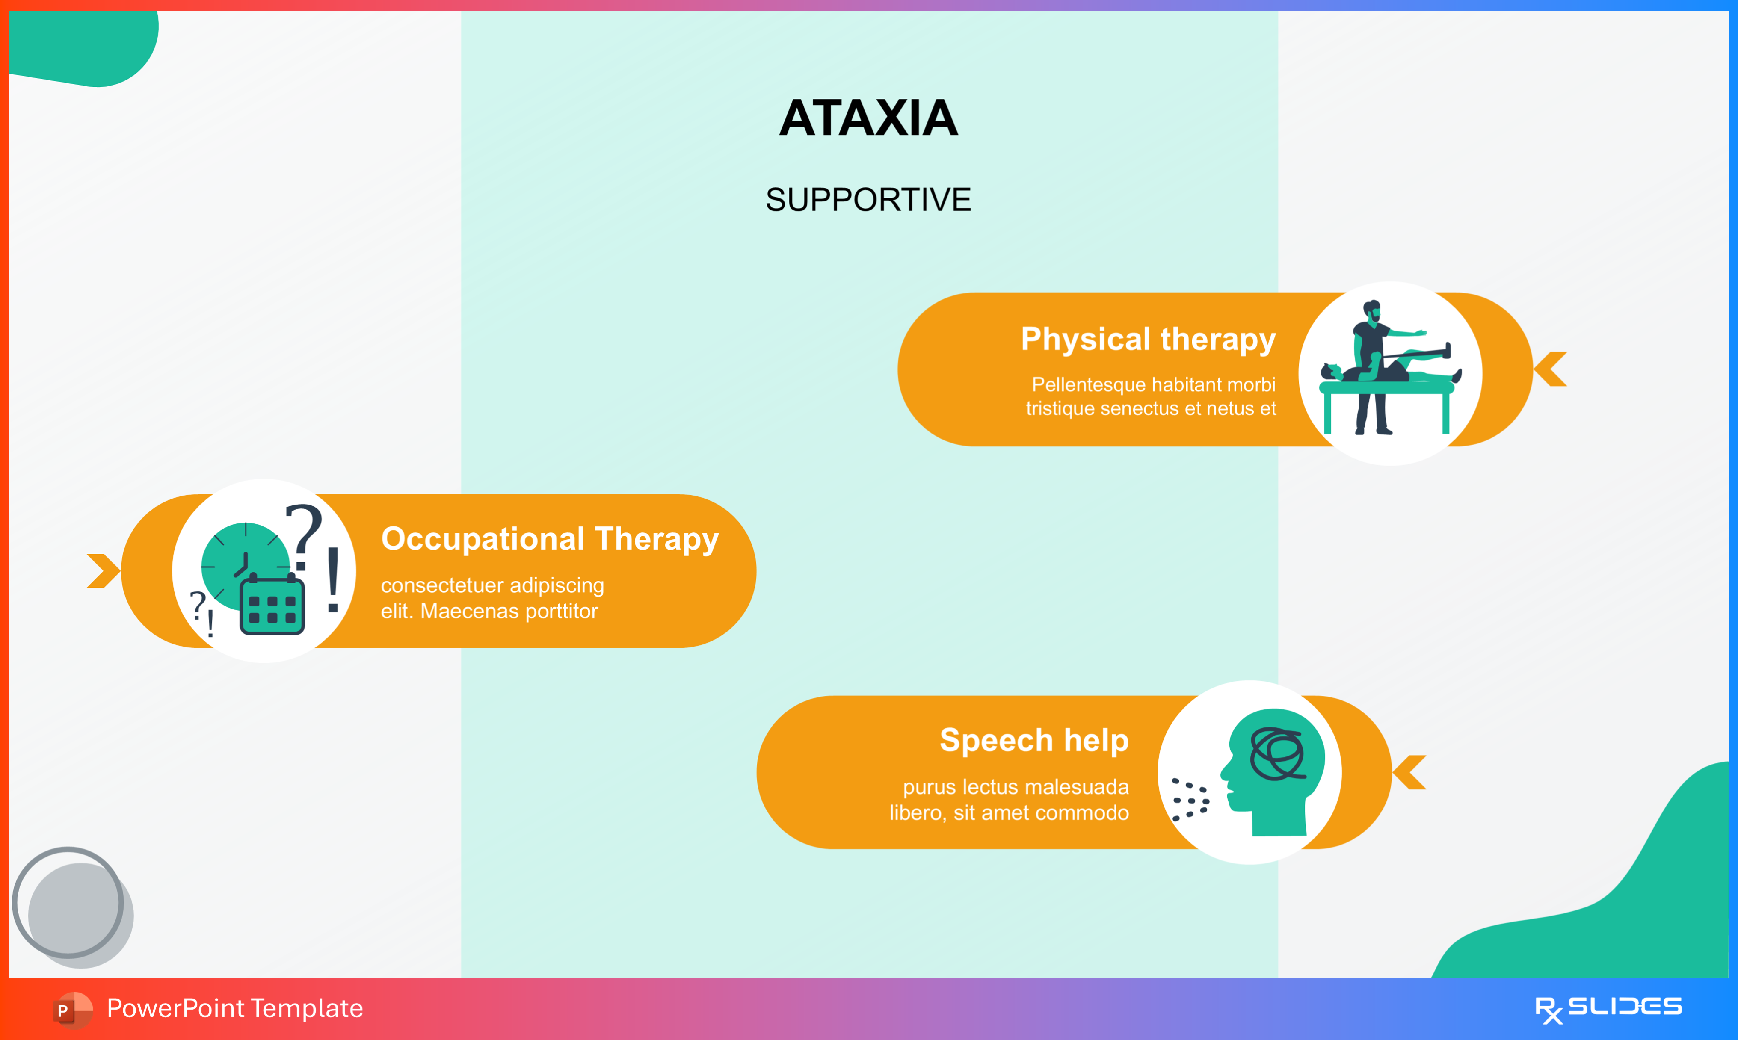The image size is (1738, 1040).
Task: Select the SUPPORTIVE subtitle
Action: (868, 200)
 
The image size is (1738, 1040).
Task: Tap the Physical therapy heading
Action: (1148, 339)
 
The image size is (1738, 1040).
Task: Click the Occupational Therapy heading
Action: (550, 539)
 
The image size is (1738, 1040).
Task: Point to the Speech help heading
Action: (1034, 740)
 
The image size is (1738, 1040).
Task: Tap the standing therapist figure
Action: (1370, 364)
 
